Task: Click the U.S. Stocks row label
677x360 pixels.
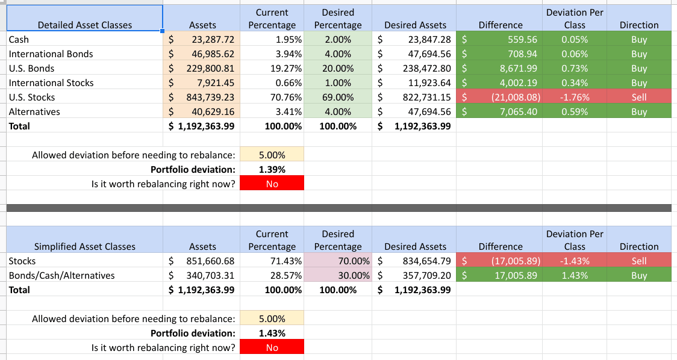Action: point(32,98)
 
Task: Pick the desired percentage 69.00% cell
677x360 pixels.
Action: point(338,98)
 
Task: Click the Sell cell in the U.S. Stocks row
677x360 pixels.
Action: point(638,98)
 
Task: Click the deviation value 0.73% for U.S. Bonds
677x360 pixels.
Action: point(575,69)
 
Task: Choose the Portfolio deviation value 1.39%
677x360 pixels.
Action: point(272,170)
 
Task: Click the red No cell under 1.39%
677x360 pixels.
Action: point(272,184)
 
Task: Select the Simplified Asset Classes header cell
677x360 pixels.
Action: point(84,246)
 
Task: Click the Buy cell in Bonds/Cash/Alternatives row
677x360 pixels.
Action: point(638,276)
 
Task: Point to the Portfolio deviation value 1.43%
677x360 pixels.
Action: point(272,334)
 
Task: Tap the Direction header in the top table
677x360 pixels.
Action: point(638,25)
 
